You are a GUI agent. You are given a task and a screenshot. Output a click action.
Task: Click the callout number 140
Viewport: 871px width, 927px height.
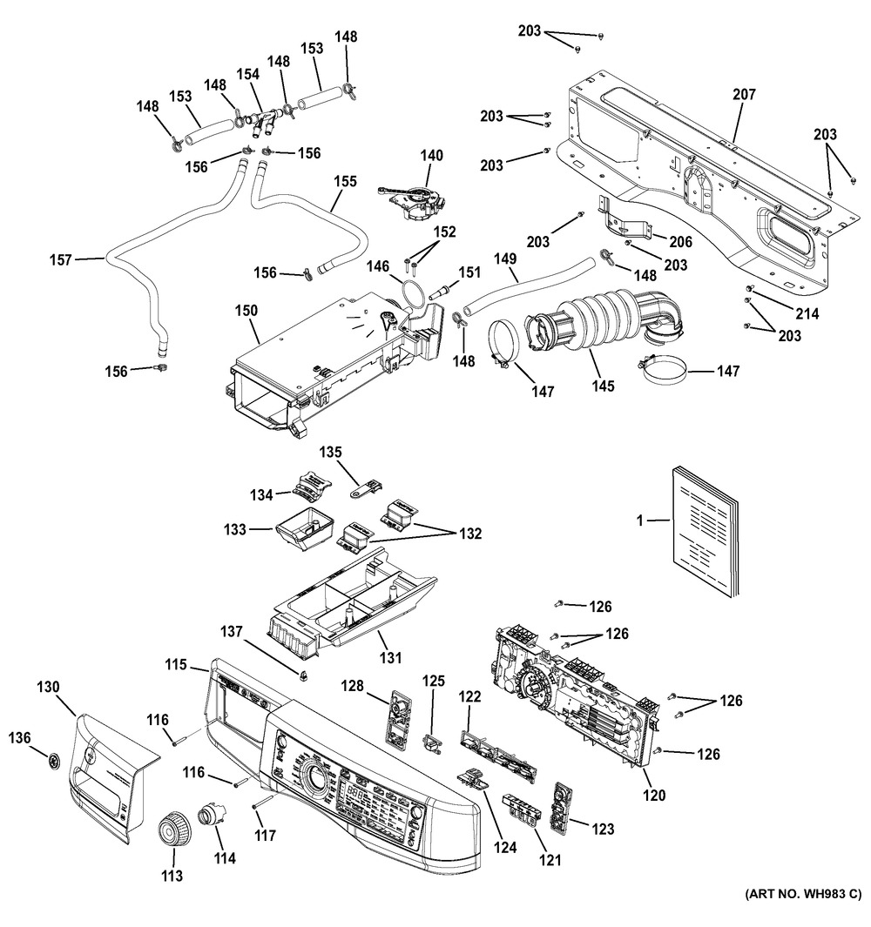[431, 156]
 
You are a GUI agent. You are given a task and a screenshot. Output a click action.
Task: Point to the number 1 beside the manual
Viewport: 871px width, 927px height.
[639, 521]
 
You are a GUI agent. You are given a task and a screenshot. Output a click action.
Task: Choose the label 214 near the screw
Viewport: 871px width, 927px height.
[807, 314]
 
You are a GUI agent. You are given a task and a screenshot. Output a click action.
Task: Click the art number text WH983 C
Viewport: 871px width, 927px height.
[802, 894]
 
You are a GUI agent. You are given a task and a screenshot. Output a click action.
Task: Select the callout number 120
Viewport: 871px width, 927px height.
[653, 794]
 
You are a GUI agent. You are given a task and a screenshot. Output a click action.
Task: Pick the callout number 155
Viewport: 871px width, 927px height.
[346, 182]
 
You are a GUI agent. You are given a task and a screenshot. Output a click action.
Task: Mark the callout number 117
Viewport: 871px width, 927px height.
[265, 836]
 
